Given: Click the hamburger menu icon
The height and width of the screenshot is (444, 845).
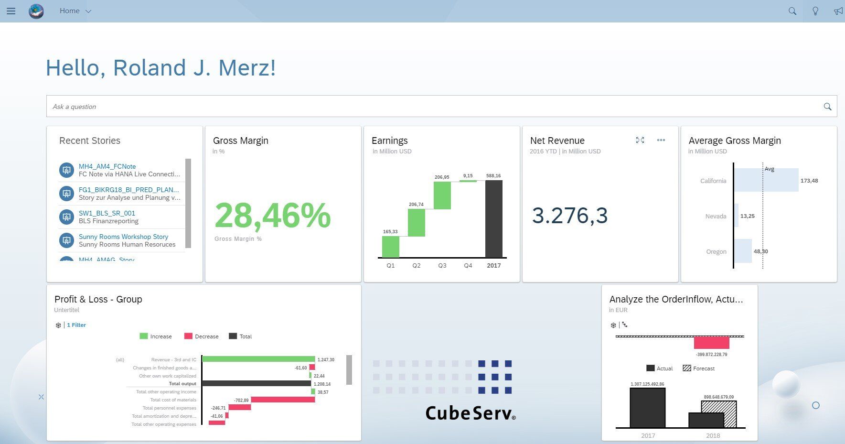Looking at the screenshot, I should pos(11,11).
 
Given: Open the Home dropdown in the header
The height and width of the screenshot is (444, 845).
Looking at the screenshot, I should pos(75,11).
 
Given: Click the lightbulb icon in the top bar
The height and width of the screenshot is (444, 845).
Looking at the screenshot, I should pos(815,11).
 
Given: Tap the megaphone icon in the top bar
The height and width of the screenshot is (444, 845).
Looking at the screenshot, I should pos(838,11).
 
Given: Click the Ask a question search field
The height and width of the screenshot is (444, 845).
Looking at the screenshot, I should pos(430,107).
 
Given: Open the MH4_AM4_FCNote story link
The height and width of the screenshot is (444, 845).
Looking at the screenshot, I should pos(107,166).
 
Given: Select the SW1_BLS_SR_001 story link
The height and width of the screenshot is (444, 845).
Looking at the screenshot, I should pos(107,213).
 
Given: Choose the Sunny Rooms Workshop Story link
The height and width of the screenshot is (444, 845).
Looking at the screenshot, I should pos(123,237).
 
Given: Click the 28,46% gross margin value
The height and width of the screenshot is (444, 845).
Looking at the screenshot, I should pos(272,216).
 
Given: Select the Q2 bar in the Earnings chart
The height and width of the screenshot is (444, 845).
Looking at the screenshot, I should pos(417,223).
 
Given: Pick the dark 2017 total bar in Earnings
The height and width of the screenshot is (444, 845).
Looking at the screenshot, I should pos(494,219).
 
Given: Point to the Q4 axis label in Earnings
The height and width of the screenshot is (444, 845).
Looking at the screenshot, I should pos(468,266).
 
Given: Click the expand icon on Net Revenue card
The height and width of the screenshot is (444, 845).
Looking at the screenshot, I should pos(640,140).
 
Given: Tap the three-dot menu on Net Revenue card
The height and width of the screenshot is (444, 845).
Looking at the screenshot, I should pos(661,140).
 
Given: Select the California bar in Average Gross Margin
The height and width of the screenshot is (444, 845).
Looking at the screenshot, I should pos(766,180).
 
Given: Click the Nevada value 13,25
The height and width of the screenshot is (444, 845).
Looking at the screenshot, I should pos(748,216).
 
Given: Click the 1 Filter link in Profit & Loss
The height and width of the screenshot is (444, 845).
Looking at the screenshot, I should pos(76,325).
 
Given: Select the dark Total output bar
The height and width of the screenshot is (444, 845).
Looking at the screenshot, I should pos(257,383).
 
